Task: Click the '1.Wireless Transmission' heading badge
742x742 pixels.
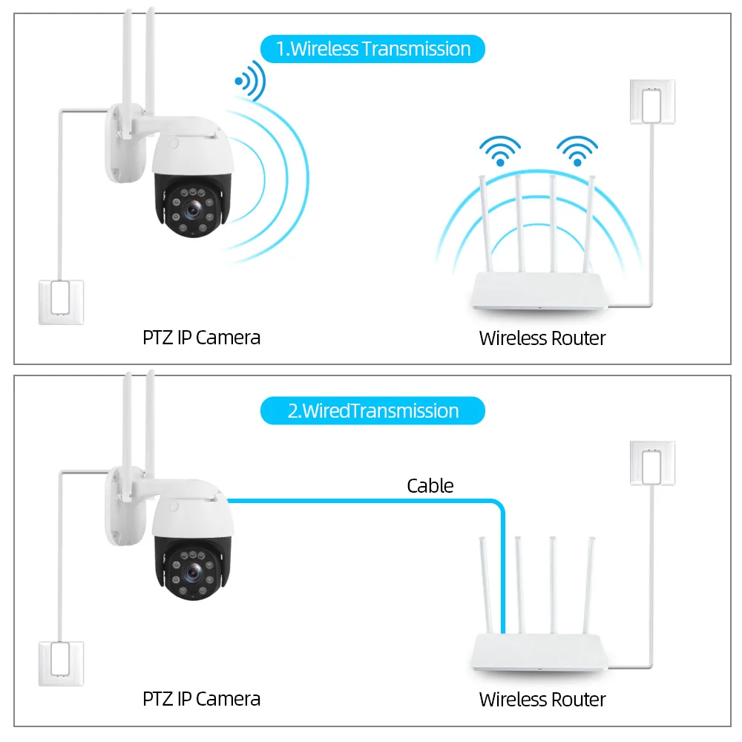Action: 372,49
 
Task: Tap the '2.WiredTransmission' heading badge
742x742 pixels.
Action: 372,410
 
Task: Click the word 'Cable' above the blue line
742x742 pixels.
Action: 430,486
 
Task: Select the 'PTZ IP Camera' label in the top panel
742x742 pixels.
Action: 201,338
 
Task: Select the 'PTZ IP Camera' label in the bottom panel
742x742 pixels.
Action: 201,698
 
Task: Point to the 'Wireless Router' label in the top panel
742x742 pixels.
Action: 542,338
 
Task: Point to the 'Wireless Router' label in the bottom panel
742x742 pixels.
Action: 542,699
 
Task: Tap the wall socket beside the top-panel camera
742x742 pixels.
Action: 62,302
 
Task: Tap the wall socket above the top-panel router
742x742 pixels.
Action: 652,101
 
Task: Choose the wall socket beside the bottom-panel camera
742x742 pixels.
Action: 62,663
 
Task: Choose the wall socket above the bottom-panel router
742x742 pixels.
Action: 652,463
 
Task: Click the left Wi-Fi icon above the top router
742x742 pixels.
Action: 500,150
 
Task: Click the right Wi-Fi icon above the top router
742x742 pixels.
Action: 577,150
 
